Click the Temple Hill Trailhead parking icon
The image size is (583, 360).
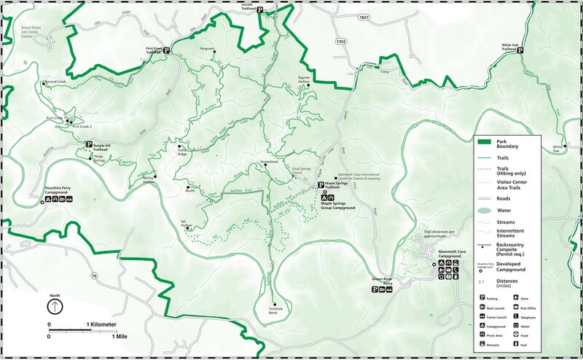pos(89,144)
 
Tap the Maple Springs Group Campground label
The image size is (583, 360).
pos(338,206)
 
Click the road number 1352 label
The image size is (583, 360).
pos(341,42)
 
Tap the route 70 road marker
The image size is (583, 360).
pos(94,276)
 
